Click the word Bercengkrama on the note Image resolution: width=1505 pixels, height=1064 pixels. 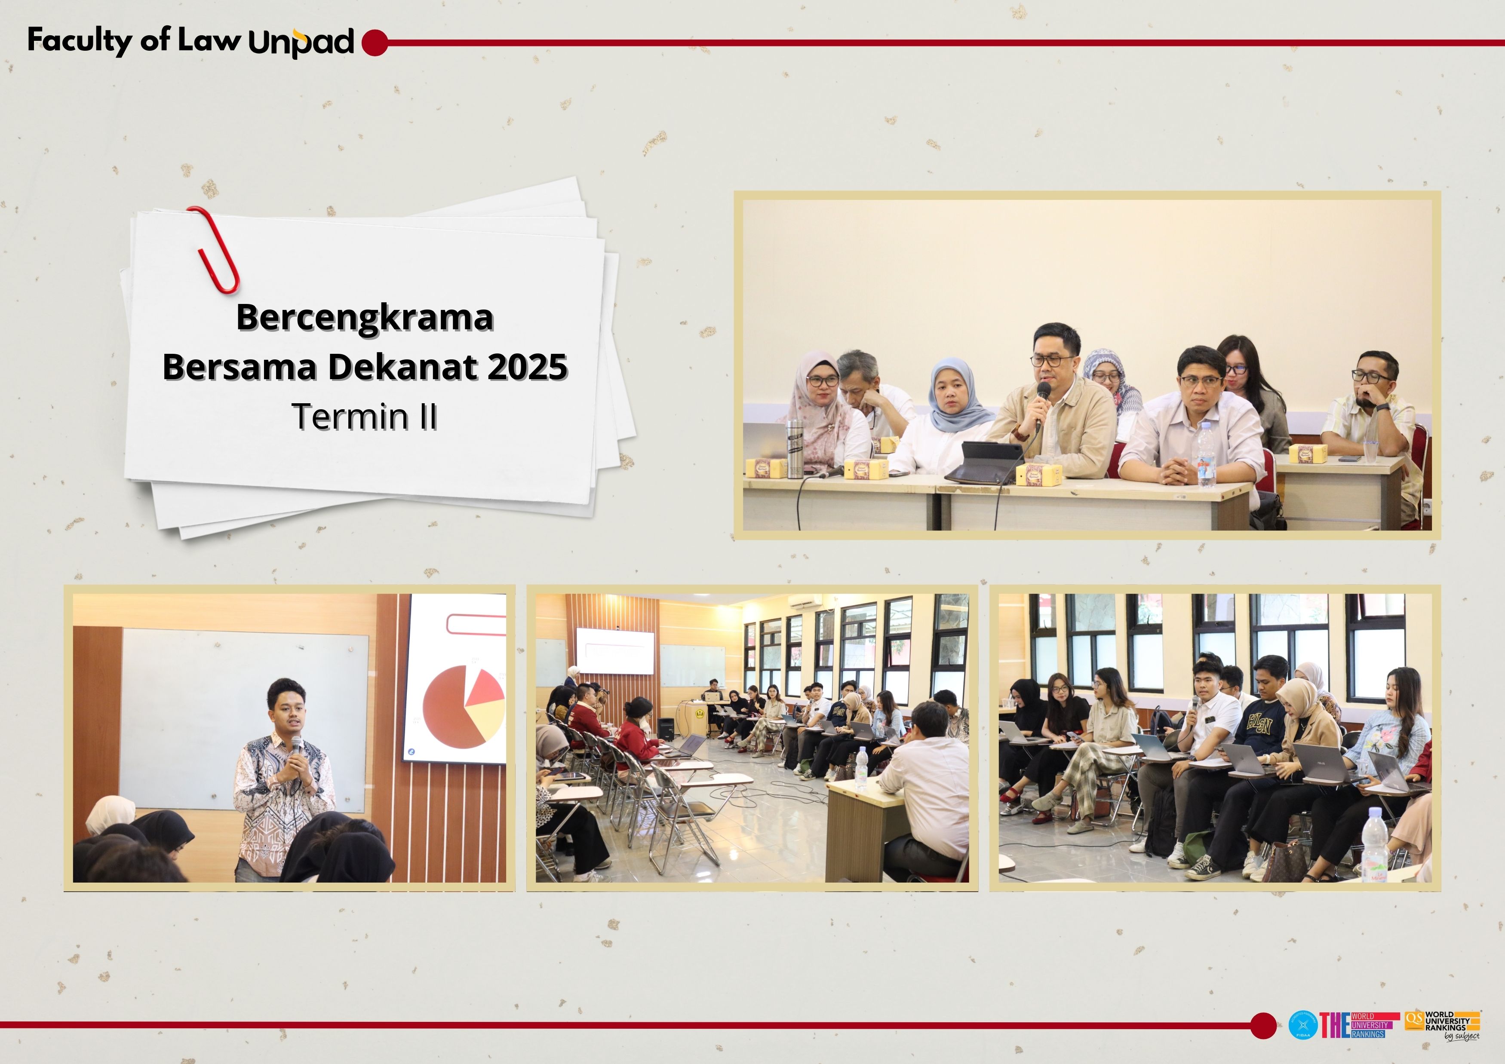tap(365, 317)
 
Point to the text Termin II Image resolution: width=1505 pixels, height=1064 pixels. tap(365, 417)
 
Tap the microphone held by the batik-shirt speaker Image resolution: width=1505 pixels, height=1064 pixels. tap(296, 745)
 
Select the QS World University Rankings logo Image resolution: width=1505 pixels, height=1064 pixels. tap(1442, 1024)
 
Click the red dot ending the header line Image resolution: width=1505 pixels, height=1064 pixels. tap(374, 43)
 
